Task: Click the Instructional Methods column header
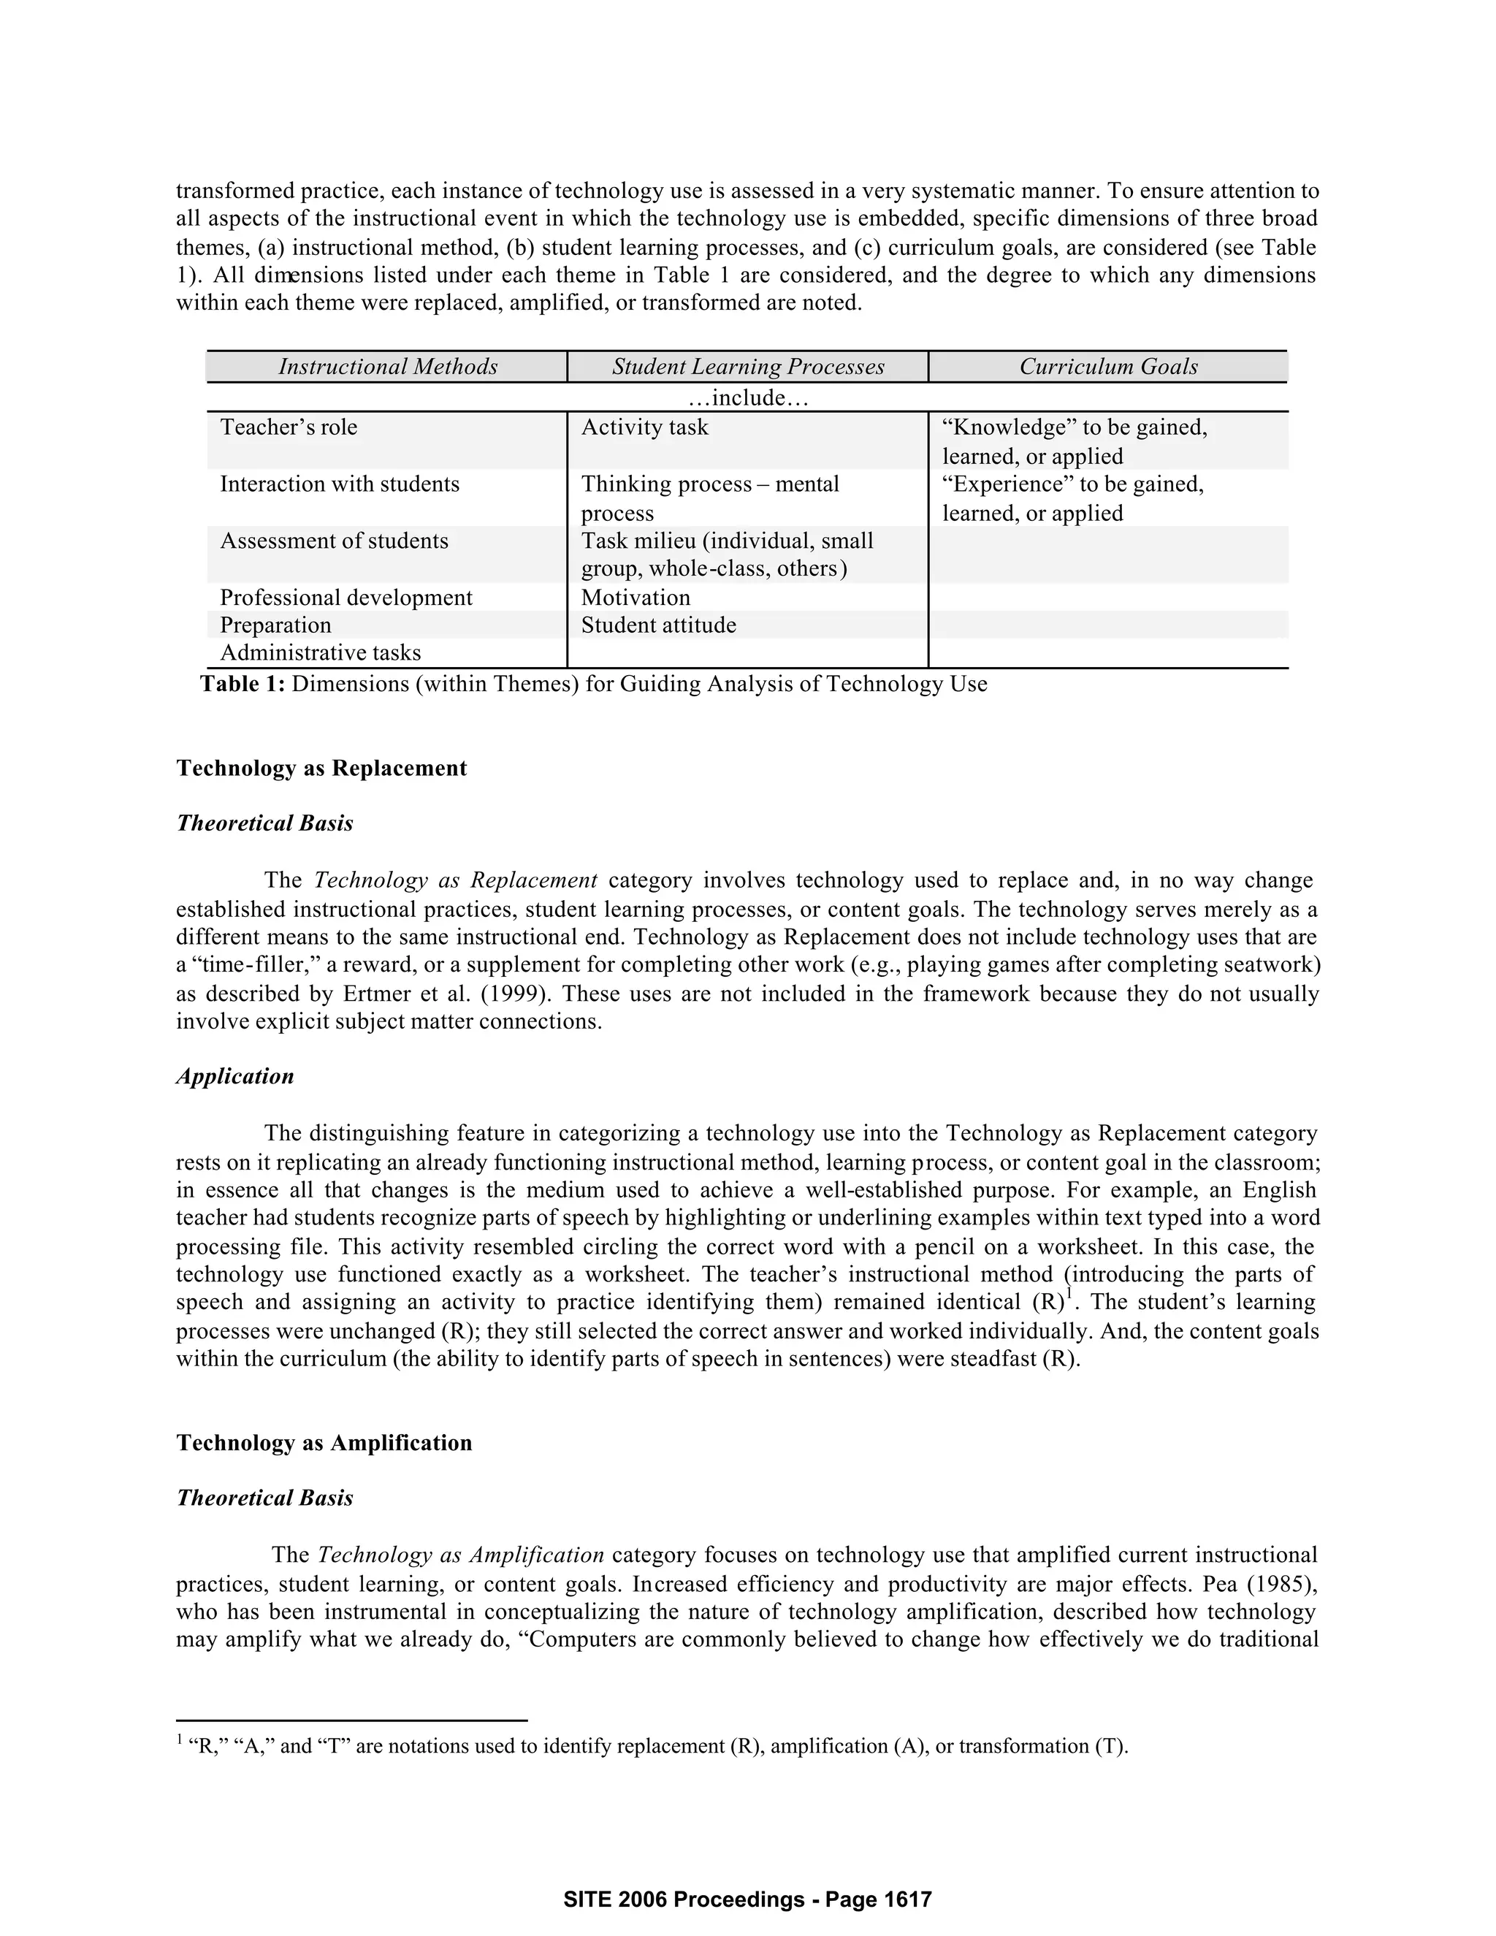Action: [x=387, y=367]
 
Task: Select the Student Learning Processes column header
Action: [x=748, y=367]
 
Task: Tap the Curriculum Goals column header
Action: [x=1108, y=367]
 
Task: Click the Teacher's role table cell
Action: [x=289, y=427]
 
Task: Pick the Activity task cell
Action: [x=644, y=427]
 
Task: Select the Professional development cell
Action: [x=346, y=598]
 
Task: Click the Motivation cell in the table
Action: [x=636, y=598]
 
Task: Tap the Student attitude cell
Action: [x=658, y=625]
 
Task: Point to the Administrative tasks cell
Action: [x=320, y=653]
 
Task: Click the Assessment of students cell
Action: [x=334, y=541]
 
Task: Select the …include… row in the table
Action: [x=748, y=398]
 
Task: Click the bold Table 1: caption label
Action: [x=243, y=685]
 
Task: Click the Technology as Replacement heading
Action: [x=321, y=768]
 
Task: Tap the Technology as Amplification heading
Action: [x=324, y=1443]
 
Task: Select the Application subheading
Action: [x=235, y=1076]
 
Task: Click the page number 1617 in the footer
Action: [x=909, y=1899]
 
